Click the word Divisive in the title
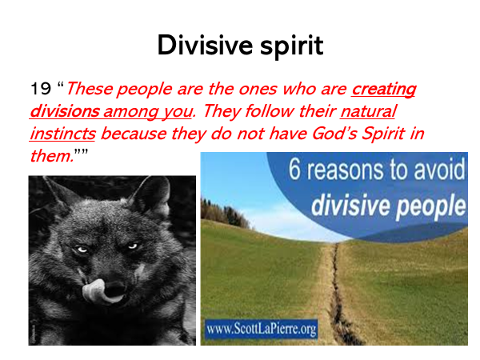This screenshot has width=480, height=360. point(205,45)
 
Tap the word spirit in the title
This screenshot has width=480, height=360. point(292,46)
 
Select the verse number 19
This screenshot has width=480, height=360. point(41,89)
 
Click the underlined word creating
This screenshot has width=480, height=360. point(383,90)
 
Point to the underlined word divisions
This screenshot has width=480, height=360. point(65,111)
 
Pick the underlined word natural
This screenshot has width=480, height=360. point(369,111)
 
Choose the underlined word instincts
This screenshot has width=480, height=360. point(62,134)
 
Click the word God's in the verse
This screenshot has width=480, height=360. point(334,134)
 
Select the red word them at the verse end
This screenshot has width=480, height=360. point(51,156)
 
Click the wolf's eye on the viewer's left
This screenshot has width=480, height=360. point(82,250)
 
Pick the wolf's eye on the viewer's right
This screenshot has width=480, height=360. point(133,246)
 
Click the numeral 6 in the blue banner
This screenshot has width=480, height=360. point(294,170)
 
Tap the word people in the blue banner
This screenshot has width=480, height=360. point(430,207)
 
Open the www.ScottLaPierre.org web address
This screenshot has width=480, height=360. point(261,329)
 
